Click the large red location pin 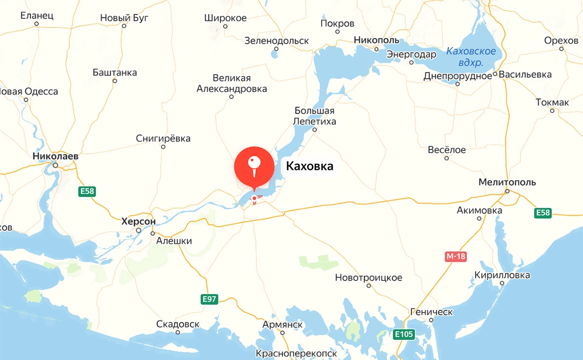pyautogui.click(x=254, y=165)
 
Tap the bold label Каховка pyautogui.click(x=310, y=166)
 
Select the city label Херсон pyautogui.click(x=138, y=222)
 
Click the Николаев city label pyautogui.click(x=55, y=156)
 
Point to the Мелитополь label pyautogui.click(x=507, y=182)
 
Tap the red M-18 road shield pyautogui.click(x=456, y=256)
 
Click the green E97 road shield pyautogui.click(x=209, y=299)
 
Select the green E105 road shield pyautogui.click(x=403, y=334)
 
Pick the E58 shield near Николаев pyautogui.click(x=86, y=191)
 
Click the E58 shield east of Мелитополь pyautogui.click(x=543, y=213)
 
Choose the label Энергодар pyautogui.click(x=412, y=54)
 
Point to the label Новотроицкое pyautogui.click(x=369, y=278)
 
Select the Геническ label pyautogui.click(x=431, y=312)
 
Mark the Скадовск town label pyautogui.click(x=177, y=324)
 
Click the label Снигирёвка pyautogui.click(x=163, y=138)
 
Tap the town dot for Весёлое pyautogui.click(x=446, y=159)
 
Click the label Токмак pyautogui.click(x=552, y=102)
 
